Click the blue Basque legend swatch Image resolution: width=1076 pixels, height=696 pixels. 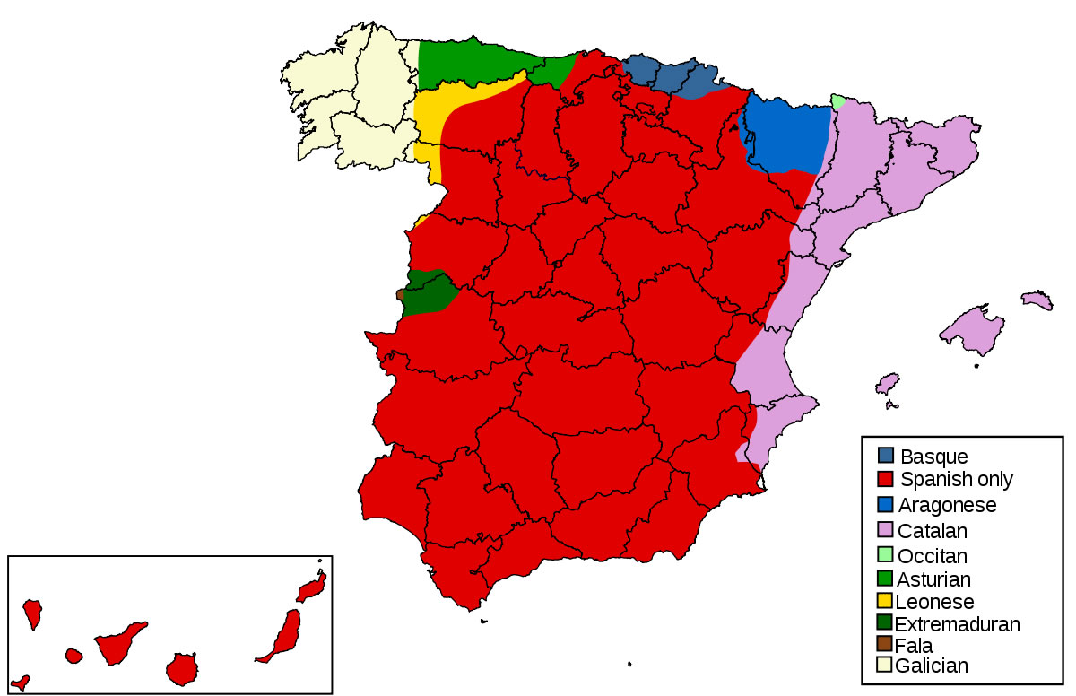tap(886, 456)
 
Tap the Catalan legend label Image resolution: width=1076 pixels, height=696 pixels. tap(933, 530)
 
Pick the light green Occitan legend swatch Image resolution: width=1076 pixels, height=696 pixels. tap(886, 554)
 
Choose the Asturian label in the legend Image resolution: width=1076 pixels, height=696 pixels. tap(933, 579)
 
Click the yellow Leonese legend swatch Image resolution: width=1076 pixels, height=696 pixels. tap(886, 601)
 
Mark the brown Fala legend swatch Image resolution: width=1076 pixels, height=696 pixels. tap(886, 644)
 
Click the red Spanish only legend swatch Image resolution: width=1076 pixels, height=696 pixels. tap(886, 479)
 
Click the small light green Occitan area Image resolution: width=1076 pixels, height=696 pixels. tap(837, 101)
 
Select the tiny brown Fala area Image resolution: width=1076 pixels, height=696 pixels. tap(400, 294)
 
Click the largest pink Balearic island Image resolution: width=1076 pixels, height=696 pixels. tap(973, 327)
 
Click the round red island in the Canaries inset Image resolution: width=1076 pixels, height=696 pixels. tap(182, 668)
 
